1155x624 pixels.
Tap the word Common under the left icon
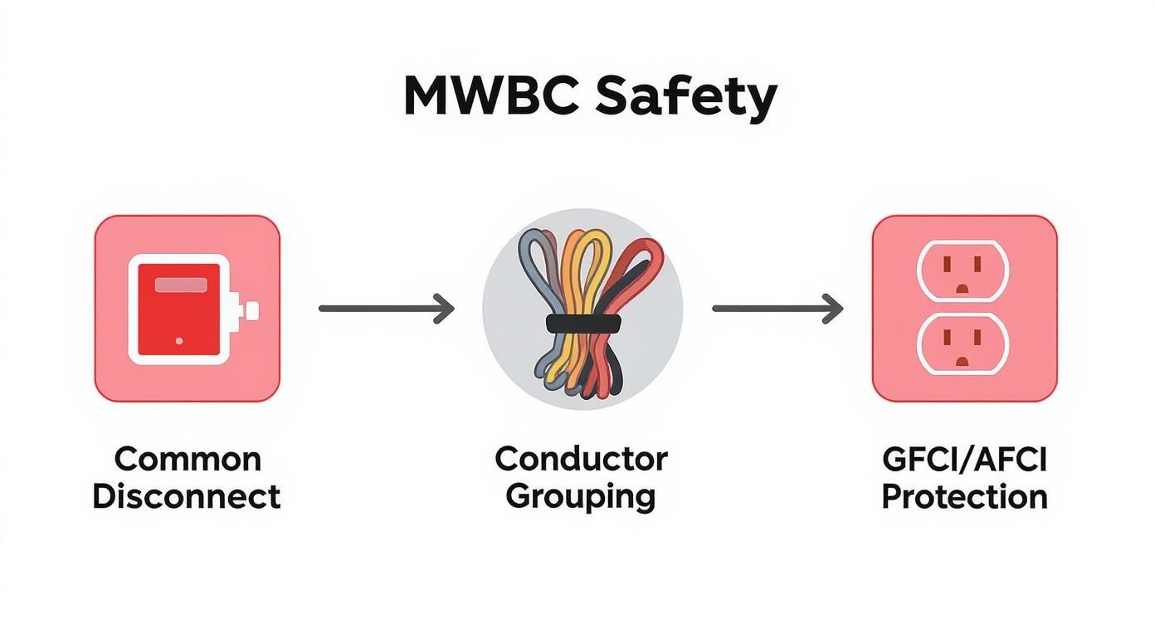188,459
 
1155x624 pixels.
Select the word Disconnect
187,497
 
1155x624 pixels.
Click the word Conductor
581,458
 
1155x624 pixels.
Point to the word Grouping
581,497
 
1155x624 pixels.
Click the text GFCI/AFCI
964,459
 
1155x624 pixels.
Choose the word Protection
964,497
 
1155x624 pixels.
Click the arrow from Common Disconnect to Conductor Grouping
387,309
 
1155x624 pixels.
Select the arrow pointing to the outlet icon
777,309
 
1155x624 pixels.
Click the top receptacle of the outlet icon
962,271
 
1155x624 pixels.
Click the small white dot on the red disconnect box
179,341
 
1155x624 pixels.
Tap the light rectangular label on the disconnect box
181,285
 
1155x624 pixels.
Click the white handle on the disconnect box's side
248,310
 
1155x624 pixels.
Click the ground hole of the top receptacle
962,288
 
